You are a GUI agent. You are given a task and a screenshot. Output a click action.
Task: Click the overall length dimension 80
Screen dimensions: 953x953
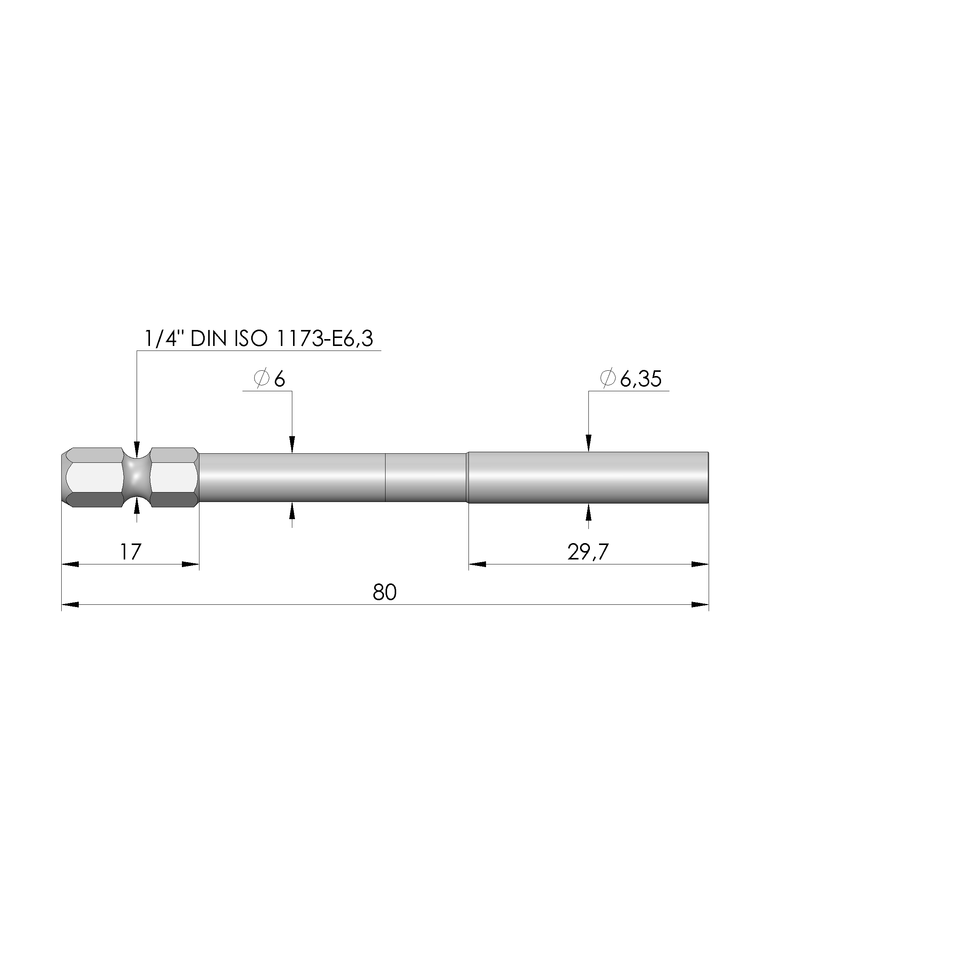pos(385,593)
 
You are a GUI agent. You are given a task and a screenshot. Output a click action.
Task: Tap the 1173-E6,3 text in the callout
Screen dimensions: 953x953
pos(325,339)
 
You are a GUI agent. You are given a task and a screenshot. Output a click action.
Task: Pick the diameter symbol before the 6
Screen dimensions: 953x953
pos(261,378)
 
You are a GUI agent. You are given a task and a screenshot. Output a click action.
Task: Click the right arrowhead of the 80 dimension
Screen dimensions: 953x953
pos(700,605)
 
